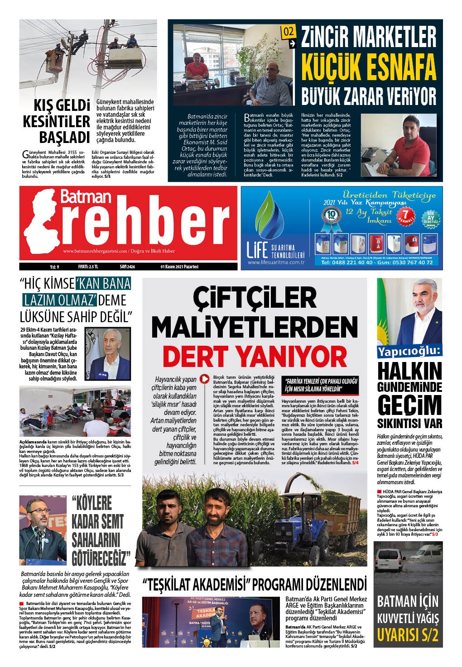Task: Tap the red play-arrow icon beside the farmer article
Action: click(x=205, y=379)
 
